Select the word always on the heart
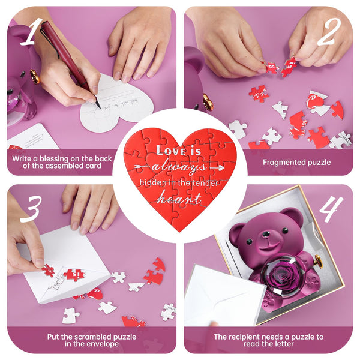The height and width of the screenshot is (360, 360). pyautogui.click(x=179, y=166)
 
